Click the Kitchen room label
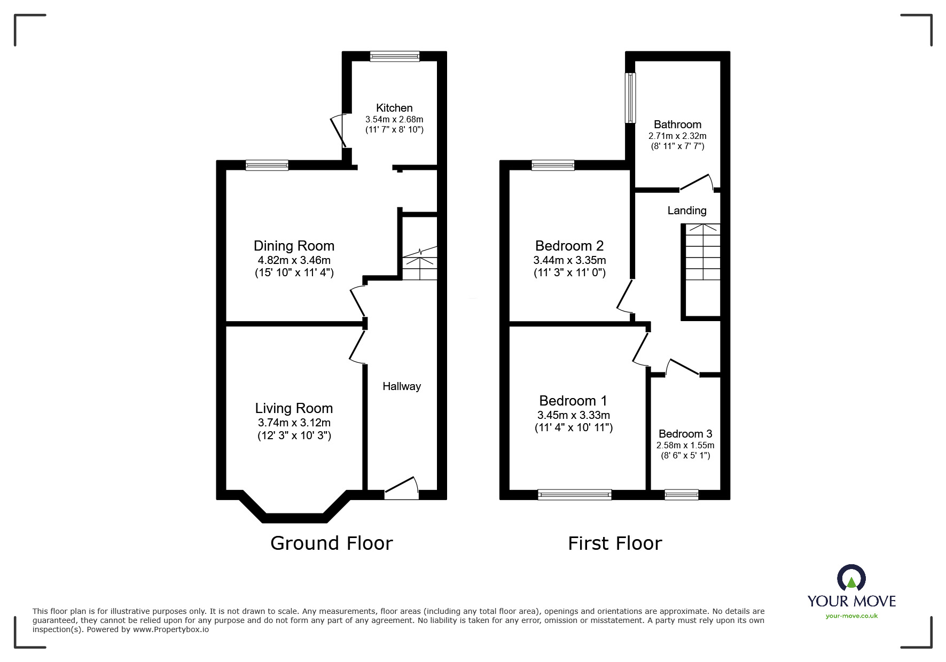tap(394, 108)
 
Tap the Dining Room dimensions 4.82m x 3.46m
tap(294, 260)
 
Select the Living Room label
tap(294, 408)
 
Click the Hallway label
tap(402, 386)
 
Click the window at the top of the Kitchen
tap(395, 56)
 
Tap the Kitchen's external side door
tap(340, 131)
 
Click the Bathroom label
tap(677, 124)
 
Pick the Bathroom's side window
tap(631, 98)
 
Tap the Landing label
tap(687, 211)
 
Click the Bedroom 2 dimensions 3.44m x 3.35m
tap(569, 260)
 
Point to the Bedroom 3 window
tap(681, 495)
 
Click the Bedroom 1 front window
tap(574, 495)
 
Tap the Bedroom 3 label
tap(685, 434)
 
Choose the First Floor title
tap(615, 543)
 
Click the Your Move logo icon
tap(851, 579)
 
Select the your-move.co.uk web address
tap(851, 616)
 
